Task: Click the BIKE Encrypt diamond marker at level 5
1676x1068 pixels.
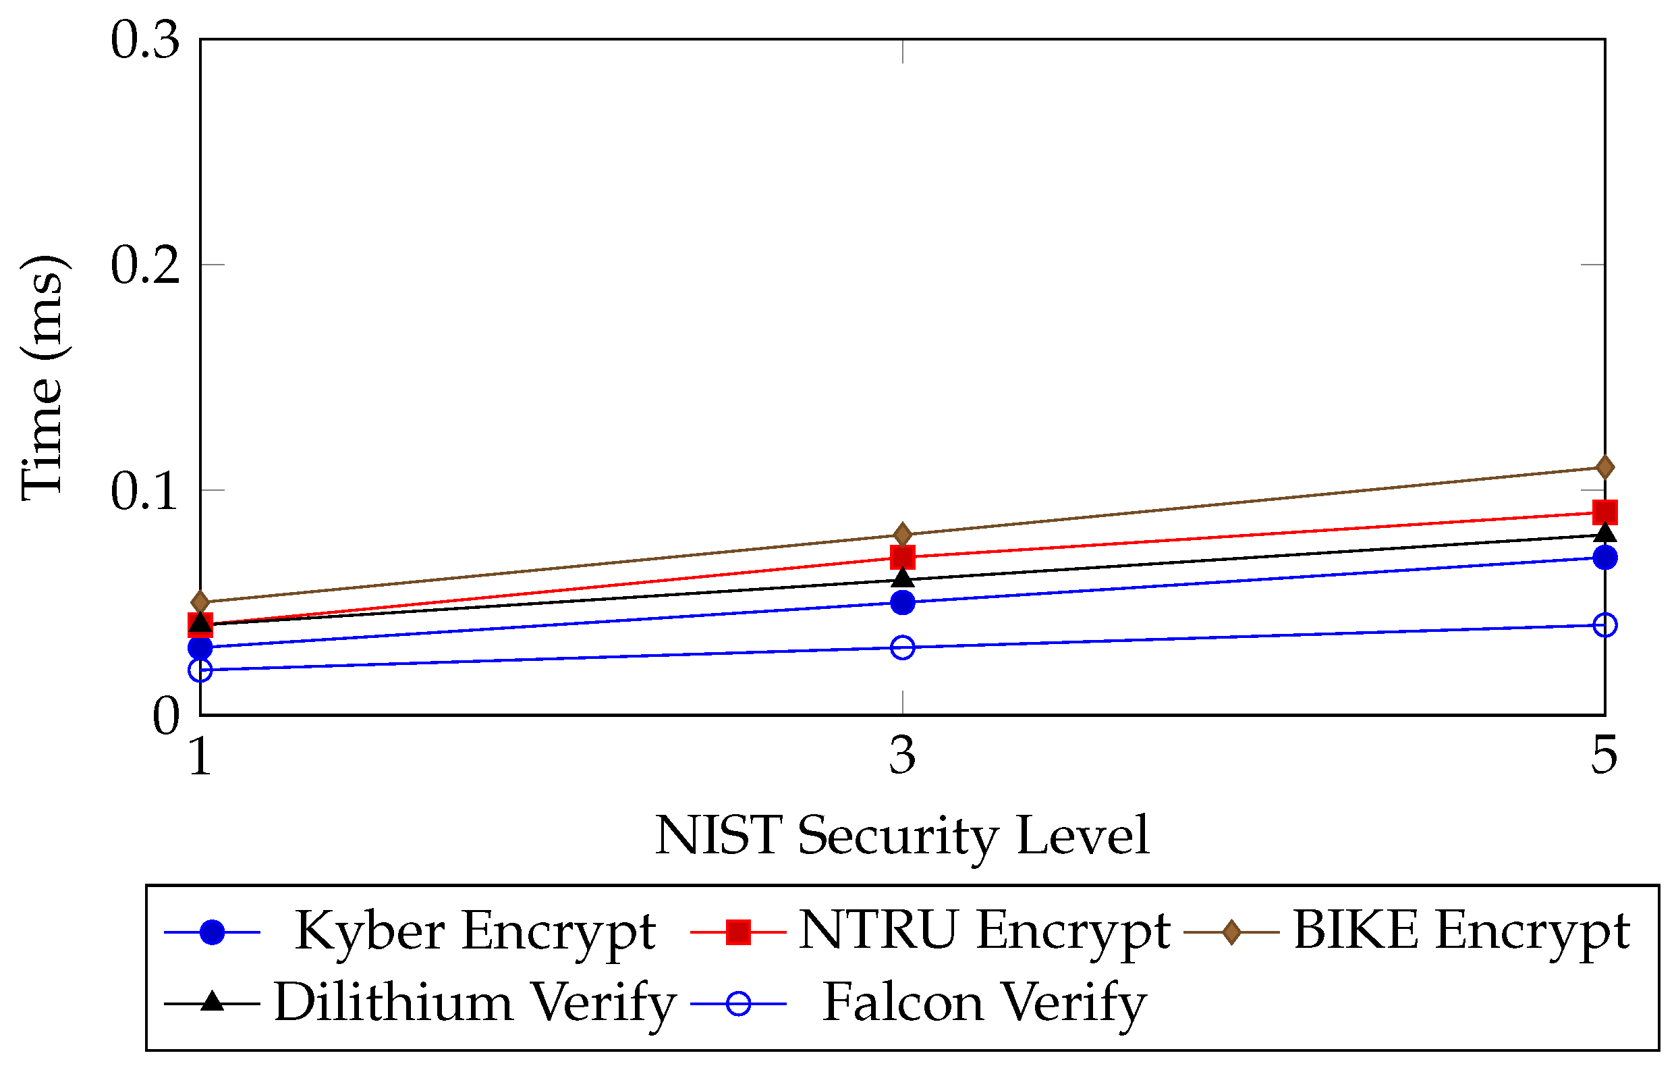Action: point(1605,467)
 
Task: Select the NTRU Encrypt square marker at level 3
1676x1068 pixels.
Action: point(903,557)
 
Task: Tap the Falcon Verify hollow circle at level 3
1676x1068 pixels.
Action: point(903,647)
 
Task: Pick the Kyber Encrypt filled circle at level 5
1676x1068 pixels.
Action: point(1605,557)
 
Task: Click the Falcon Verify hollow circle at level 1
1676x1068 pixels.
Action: point(200,670)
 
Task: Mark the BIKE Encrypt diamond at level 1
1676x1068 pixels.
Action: point(200,602)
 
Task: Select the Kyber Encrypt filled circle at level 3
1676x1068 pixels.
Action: point(903,602)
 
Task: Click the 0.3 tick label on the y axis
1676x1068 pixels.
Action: point(145,41)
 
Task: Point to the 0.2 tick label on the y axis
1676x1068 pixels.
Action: point(145,265)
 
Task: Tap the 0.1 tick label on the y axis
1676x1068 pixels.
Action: point(145,491)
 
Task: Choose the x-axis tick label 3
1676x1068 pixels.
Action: point(903,755)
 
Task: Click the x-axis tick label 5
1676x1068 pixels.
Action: point(1605,755)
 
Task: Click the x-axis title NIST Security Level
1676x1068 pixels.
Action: point(902,836)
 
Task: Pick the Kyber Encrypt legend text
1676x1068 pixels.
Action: point(475,931)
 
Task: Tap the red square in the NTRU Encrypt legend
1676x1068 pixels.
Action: point(737,932)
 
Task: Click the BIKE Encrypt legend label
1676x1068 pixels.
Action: point(1461,931)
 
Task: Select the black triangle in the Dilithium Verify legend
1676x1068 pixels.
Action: point(213,1003)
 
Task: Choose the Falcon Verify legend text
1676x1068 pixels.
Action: point(984,1003)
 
